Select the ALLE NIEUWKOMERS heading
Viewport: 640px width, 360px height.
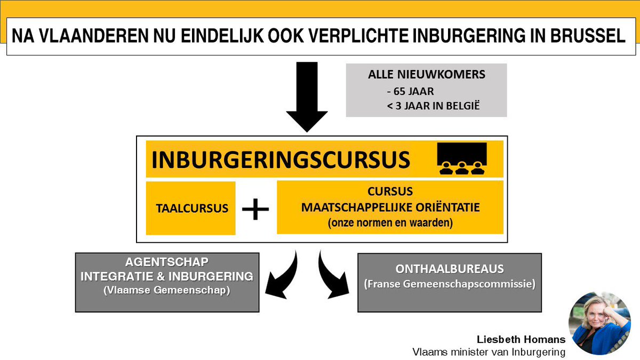point(427,75)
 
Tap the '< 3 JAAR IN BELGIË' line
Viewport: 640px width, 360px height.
point(433,106)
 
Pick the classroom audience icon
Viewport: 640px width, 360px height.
point(461,158)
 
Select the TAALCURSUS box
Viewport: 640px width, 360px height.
point(191,209)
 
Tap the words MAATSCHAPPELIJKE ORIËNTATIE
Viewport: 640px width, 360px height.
point(390,207)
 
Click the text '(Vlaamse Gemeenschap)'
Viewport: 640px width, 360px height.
point(166,291)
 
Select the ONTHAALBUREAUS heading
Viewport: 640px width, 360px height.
point(450,269)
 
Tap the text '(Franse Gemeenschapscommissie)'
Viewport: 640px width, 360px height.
point(450,284)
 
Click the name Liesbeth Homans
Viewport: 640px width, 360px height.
point(521,339)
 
